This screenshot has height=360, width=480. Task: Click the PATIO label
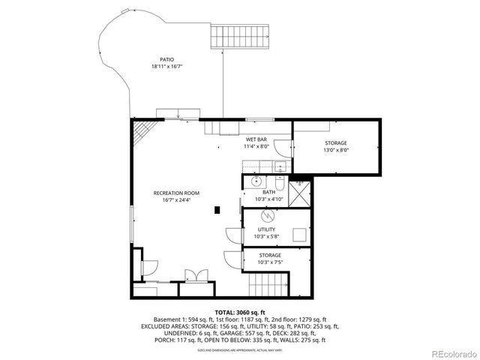(x=166, y=59)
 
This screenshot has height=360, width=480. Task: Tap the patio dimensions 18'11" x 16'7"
(x=166, y=67)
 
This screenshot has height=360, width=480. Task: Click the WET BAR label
(x=256, y=139)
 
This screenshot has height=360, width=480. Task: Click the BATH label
(x=268, y=193)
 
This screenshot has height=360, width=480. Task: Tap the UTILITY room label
(x=266, y=229)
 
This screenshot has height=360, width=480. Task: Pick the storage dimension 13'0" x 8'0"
(x=335, y=149)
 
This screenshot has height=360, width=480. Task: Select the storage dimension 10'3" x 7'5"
(x=269, y=262)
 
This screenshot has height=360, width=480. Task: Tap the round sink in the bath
(x=256, y=181)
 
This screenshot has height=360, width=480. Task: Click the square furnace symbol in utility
(x=300, y=233)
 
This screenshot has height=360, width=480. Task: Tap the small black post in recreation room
(x=217, y=210)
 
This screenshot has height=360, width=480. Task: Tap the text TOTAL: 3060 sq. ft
(x=240, y=311)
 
